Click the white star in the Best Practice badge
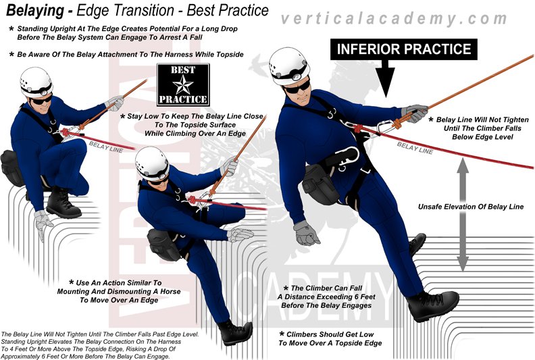(x=183, y=84)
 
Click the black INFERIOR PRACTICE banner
(x=404, y=49)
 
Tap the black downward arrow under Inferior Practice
(x=386, y=78)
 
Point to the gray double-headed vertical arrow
(x=463, y=214)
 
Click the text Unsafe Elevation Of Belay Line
(x=471, y=207)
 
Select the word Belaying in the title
(x=35, y=11)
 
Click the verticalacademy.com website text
(x=394, y=18)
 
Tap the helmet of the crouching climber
(x=36, y=82)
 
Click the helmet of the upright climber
(x=289, y=67)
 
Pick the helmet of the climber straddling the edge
(x=152, y=163)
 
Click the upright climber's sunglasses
(x=297, y=86)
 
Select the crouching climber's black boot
(x=63, y=203)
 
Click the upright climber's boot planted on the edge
(x=432, y=305)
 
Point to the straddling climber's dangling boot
(x=235, y=332)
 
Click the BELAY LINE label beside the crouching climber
(x=106, y=147)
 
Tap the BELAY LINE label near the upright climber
(x=415, y=149)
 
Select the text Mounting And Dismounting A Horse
(x=119, y=292)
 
